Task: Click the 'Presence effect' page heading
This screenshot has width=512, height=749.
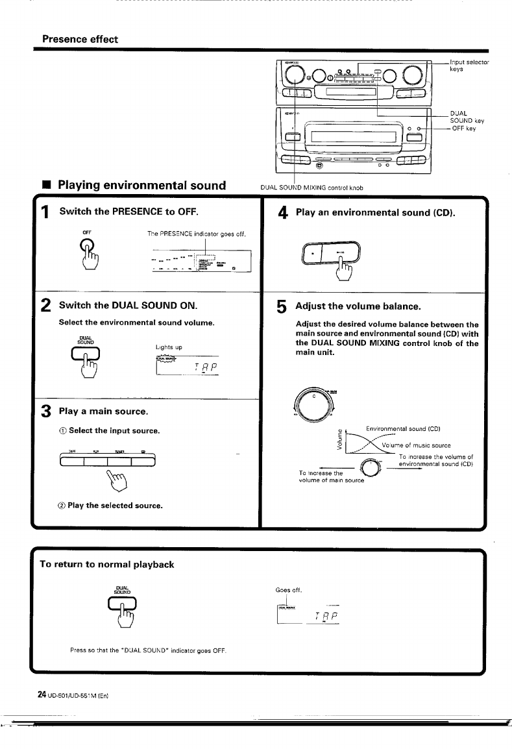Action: click(80, 39)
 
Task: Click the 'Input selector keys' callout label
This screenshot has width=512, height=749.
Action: click(469, 65)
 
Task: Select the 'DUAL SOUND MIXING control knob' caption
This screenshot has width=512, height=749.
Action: click(311, 188)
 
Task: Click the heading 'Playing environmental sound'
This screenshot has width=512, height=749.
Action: click(141, 185)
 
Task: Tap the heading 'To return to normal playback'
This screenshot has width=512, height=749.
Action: click(107, 564)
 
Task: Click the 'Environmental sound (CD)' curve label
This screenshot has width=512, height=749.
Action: click(403, 428)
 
